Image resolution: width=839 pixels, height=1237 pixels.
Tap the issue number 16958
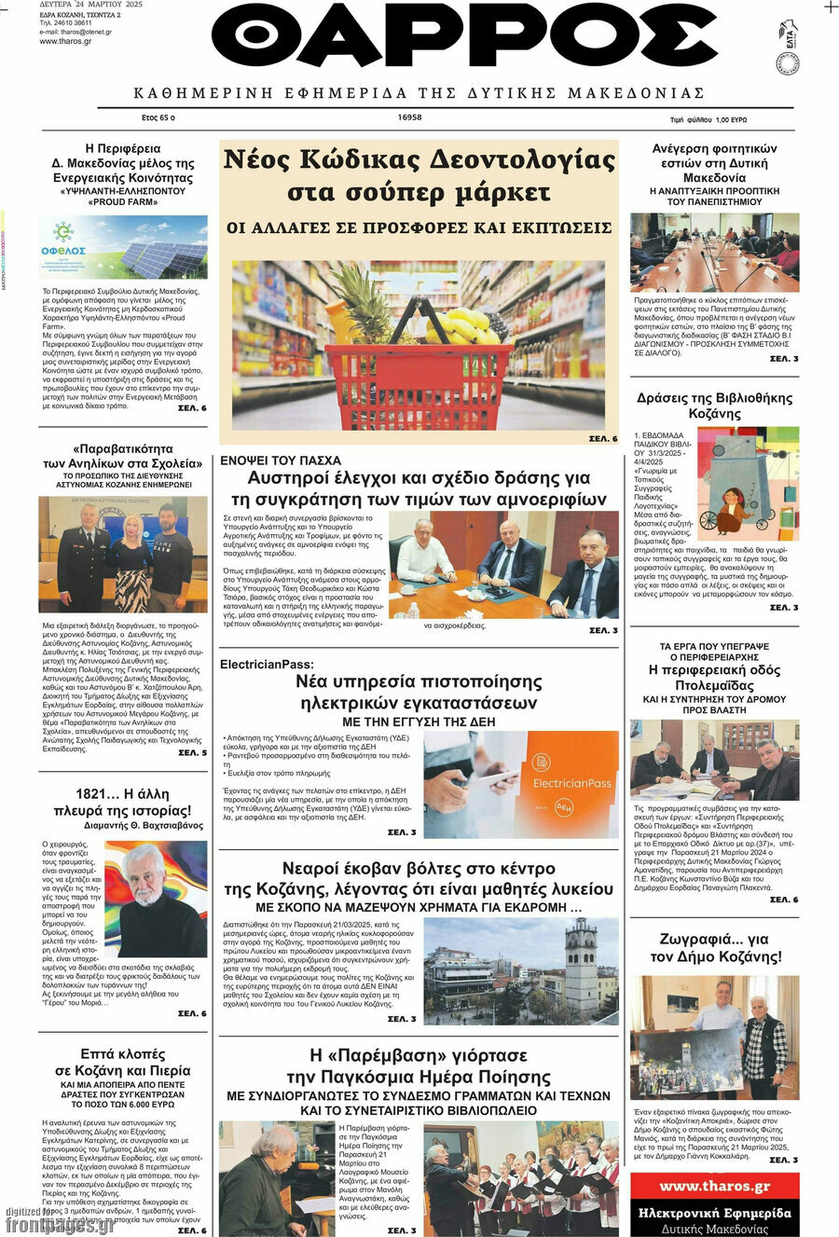[409, 118]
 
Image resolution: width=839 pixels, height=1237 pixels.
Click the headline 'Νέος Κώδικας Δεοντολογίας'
[419, 160]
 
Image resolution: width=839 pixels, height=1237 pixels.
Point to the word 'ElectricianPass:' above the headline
[267, 664]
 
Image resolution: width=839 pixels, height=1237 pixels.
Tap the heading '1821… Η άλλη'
[122, 794]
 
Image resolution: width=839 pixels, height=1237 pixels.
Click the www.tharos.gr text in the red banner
[715, 1187]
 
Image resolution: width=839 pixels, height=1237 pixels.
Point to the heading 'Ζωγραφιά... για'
[714, 940]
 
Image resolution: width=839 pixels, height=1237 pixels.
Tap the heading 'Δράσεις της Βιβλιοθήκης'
[714, 398]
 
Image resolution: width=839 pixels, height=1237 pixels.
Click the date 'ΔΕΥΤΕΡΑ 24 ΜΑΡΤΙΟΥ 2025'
[90, 5]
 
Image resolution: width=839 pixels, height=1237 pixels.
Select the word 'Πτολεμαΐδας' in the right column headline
[714, 685]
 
